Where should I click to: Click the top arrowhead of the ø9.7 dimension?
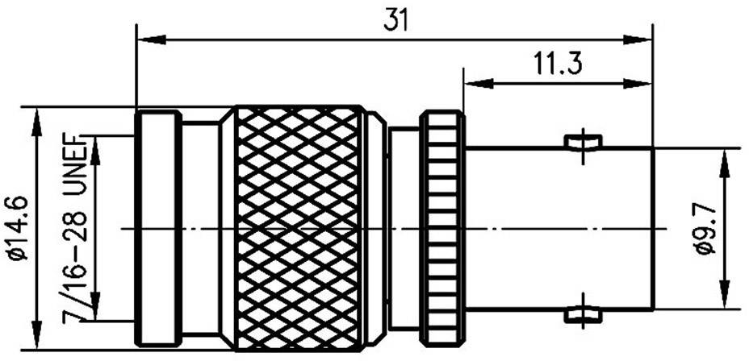tap(725, 159)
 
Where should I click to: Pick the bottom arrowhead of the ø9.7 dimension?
tap(725, 299)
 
